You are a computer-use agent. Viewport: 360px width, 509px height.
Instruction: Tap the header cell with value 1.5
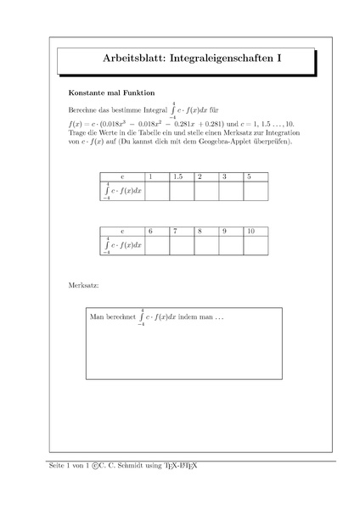coord(182,176)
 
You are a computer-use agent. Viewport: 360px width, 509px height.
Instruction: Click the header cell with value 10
coord(256,231)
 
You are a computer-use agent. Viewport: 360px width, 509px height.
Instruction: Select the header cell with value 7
coord(182,231)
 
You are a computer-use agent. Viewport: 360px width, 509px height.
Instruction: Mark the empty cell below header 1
coord(157,191)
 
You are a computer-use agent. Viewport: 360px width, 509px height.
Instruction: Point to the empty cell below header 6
coord(157,245)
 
